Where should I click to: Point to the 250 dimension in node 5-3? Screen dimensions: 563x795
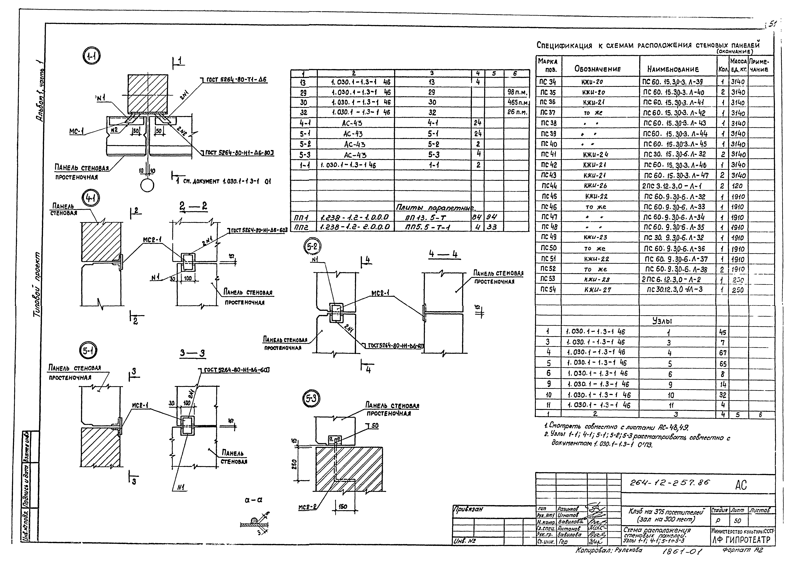[294, 463]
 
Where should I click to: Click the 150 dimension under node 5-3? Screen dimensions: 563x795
[342, 507]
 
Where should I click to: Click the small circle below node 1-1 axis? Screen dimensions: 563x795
[147, 185]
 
